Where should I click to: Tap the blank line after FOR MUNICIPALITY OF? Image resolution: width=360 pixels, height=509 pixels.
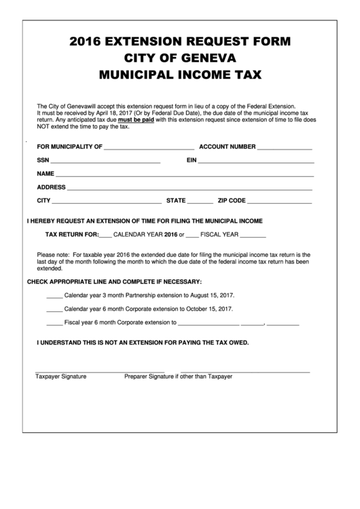click(149, 147)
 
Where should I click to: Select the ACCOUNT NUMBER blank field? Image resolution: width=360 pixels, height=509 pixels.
click(285, 147)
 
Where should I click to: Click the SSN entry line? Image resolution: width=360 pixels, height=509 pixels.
click(105, 162)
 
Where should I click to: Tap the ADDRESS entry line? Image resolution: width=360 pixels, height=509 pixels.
click(190, 188)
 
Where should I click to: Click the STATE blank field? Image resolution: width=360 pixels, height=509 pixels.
click(200, 202)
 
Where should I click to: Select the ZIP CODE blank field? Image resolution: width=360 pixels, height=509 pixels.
click(280, 202)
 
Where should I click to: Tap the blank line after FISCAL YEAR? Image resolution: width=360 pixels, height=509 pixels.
click(253, 235)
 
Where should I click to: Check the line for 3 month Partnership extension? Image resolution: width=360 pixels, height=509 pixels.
click(54, 296)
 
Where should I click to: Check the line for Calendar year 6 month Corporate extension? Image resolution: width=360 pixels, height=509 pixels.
click(54, 310)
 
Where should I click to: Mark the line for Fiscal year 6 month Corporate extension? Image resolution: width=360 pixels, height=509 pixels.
click(54, 324)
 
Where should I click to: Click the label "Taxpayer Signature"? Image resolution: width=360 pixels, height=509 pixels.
click(61, 376)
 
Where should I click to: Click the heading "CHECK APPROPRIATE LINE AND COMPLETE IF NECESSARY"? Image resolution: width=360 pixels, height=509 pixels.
click(114, 281)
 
